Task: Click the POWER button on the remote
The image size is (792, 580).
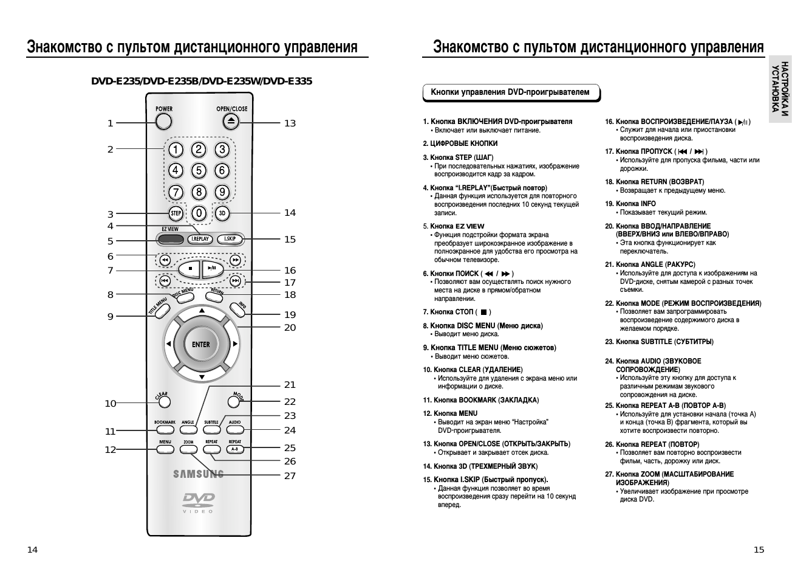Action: (163, 122)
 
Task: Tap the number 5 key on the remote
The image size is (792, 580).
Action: (199, 171)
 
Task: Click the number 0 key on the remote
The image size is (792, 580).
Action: (198, 213)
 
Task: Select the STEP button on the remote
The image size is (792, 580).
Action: (176, 213)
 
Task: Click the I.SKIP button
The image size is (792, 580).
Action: (230, 239)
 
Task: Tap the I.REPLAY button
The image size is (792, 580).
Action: (200, 239)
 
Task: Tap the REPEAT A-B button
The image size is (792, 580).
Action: (235, 449)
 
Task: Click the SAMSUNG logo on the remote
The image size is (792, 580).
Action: (199, 474)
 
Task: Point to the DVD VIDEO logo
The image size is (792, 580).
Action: (199, 502)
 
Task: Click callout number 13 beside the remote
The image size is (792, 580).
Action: (290, 123)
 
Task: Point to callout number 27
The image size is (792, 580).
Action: (290, 476)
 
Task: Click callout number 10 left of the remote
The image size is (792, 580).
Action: (110, 404)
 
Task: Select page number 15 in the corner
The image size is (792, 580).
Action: (759, 550)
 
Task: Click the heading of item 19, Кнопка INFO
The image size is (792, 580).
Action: (635, 204)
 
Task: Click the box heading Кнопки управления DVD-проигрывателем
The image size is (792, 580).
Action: (510, 92)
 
